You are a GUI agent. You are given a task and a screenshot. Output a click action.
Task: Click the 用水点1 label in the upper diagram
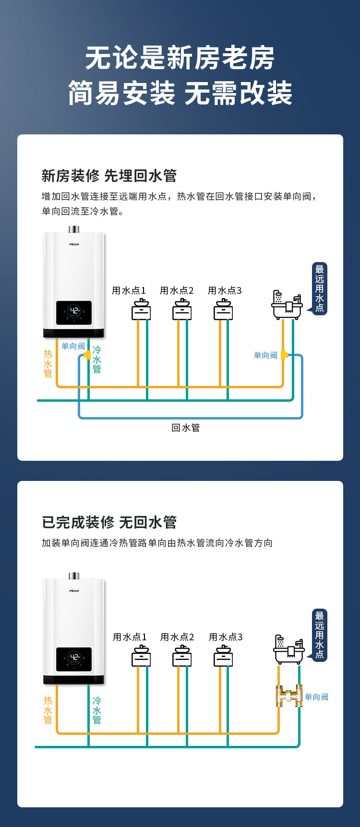pyautogui.click(x=129, y=290)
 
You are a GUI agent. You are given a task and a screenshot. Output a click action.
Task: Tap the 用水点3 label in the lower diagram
pyautogui.click(x=226, y=637)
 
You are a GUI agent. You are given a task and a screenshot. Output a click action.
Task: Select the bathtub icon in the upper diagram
pyautogui.click(x=287, y=305)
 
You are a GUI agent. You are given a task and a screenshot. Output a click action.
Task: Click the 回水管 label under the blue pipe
pyautogui.click(x=186, y=428)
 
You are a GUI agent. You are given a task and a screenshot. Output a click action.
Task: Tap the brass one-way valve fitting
pyautogui.click(x=289, y=696)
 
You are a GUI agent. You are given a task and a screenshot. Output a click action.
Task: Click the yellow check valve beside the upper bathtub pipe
pyautogui.click(x=284, y=355)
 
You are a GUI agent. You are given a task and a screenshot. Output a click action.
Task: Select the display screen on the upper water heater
pyautogui.click(x=74, y=313)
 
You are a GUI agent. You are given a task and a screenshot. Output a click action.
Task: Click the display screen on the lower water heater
pyautogui.click(x=74, y=659)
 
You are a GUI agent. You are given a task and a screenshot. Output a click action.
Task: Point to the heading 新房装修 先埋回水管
pyautogui.click(x=109, y=176)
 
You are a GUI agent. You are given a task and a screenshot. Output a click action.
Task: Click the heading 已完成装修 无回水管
pyautogui.click(x=109, y=522)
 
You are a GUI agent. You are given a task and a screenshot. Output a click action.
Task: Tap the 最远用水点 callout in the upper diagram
pyautogui.click(x=320, y=288)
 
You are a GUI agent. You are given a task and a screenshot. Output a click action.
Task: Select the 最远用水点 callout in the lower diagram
pyautogui.click(x=320, y=635)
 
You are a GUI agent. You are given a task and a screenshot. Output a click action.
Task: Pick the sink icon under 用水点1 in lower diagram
pyautogui.click(x=141, y=656)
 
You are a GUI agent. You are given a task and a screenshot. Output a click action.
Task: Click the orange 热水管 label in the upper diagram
pyautogui.click(x=48, y=363)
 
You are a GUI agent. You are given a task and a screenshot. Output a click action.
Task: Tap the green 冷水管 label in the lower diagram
pyautogui.click(x=96, y=710)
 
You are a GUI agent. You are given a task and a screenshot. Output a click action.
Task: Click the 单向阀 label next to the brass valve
pyautogui.click(x=316, y=697)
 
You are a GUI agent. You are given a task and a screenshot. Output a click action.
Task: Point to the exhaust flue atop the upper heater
pyautogui.click(x=74, y=229)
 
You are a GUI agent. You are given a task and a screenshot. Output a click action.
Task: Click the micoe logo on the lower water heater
pyautogui.click(x=74, y=591)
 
